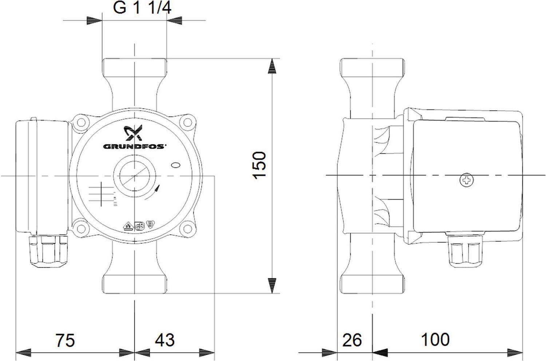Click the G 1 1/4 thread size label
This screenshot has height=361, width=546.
coord(142,8)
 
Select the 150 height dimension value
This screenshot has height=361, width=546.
coord(259,166)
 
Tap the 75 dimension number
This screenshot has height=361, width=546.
coord(65,340)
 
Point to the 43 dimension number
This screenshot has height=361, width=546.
coord(165,340)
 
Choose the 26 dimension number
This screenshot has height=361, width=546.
coord(352,340)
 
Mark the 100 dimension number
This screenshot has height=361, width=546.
coord(435,340)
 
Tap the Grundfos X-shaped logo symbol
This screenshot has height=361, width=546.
coord(134,133)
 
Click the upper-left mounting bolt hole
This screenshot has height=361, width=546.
coord(81,123)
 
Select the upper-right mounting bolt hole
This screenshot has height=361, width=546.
coord(188,122)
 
